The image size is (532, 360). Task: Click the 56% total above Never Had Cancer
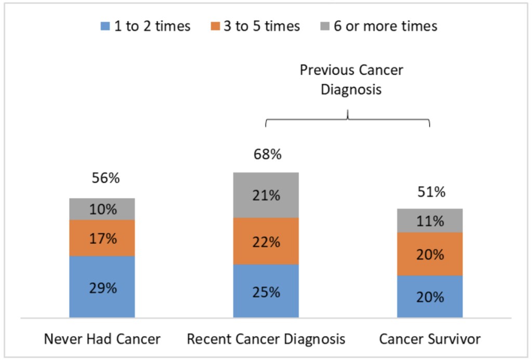(102, 178)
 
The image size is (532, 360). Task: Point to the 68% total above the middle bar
(266, 154)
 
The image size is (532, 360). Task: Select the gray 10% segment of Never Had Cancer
(102, 209)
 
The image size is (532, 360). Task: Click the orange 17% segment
(102, 238)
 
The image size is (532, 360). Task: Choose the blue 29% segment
(102, 287)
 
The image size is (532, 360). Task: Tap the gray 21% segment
(266, 195)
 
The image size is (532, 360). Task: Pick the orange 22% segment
(266, 242)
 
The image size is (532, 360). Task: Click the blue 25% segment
(266, 291)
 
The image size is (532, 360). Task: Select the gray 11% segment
(430, 221)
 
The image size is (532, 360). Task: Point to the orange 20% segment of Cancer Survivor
(430, 254)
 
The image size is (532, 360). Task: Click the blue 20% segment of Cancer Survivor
(430, 297)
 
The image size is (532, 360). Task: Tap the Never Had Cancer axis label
(102, 339)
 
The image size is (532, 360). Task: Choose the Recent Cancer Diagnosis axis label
(266, 339)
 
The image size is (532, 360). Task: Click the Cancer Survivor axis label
(430, 339)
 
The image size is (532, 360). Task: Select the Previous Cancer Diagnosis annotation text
(351, 79)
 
